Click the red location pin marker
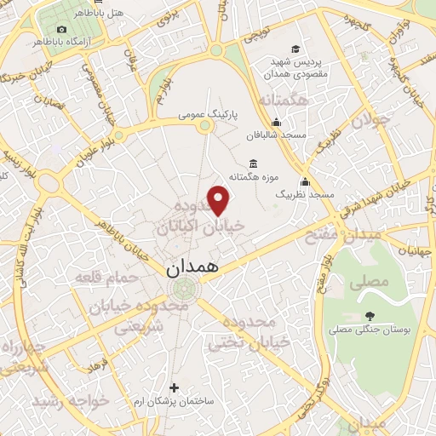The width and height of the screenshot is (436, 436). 220,200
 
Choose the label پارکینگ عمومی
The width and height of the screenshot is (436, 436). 208,112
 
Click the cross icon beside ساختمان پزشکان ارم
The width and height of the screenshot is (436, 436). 175,387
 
